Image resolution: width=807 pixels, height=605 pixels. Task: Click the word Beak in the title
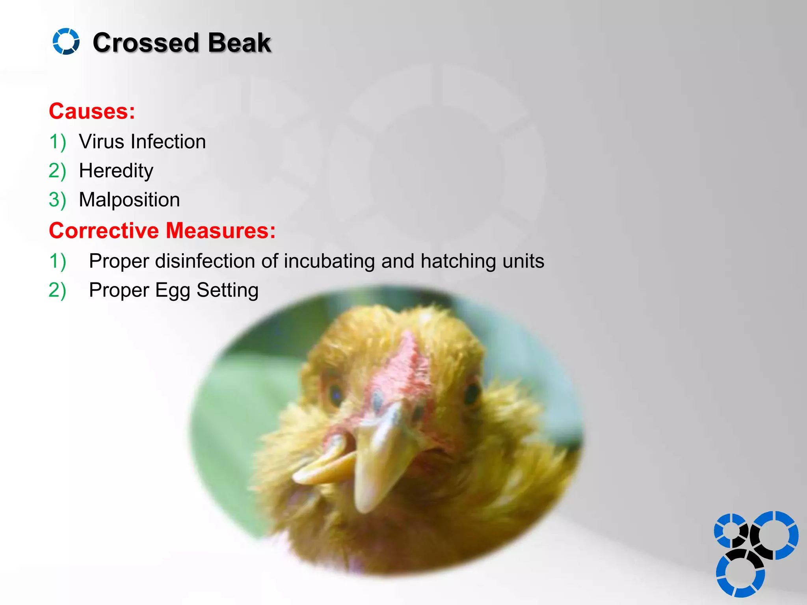coord(239,43)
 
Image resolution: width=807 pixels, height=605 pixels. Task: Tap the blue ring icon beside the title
coord(66,41)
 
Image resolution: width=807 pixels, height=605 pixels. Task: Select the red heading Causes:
coord(92,111)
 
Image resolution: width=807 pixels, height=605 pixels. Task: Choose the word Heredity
coord(116,171)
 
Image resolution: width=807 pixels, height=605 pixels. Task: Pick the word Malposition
coord(129,200)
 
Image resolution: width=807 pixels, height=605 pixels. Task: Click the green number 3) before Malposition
coord(57,200)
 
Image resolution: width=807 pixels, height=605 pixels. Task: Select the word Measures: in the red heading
coord(220,230)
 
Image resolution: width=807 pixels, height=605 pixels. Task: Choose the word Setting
coord(227,291)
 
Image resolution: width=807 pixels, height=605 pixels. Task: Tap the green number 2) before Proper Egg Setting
coord(57,291)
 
